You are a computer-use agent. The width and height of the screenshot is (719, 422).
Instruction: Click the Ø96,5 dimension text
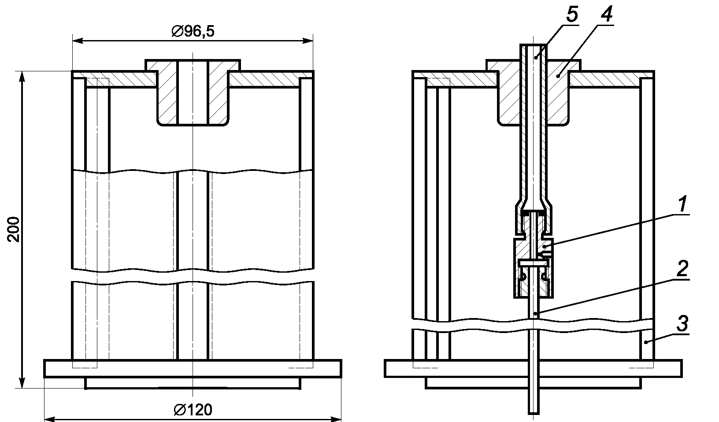193,31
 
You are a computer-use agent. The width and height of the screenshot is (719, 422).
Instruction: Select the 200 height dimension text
14,229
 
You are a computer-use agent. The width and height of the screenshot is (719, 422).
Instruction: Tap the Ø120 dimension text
193,410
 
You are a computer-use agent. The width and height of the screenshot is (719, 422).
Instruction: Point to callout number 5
572,14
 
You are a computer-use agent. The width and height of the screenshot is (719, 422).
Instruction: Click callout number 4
606,14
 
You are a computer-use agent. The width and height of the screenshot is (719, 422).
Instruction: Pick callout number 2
682,268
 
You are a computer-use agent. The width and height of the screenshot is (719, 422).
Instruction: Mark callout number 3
682,323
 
